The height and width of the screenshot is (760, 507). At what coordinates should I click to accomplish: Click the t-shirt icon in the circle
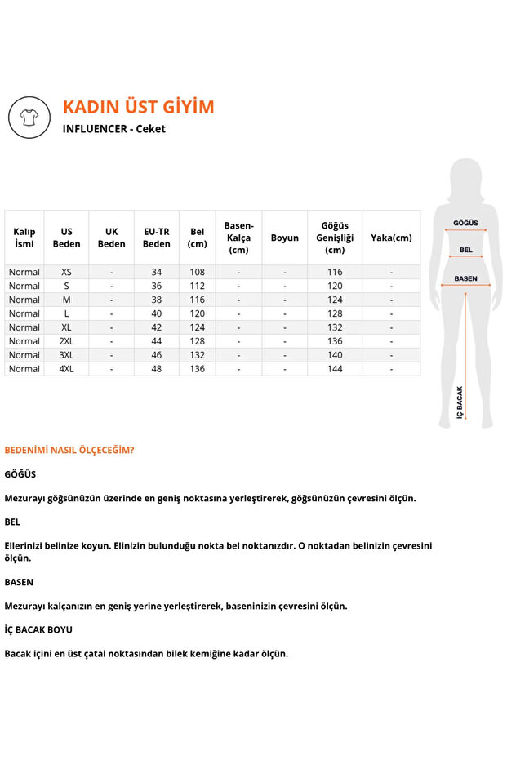tap(29, 118)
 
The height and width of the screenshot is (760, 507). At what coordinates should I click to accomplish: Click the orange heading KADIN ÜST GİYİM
tap(138, 107)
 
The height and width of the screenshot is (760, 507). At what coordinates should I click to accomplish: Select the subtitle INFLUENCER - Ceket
tap(113, 129)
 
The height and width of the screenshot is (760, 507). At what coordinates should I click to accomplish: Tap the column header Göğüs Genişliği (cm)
tap(335, 238)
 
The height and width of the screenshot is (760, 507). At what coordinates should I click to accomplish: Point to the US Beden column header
tap(67, 238)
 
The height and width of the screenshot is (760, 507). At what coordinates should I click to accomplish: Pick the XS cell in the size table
tap(67, 272)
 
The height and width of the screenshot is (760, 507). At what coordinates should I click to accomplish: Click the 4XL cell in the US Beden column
tap(67, 369)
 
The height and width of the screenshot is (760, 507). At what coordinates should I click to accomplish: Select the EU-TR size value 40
tap(157, 313)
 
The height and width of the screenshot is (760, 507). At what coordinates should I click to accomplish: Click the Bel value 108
tap(198, 272)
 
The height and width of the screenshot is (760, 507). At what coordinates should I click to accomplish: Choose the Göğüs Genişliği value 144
tap(335, 369)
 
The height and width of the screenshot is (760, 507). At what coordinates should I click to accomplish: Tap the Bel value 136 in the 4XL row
tap(198, 369)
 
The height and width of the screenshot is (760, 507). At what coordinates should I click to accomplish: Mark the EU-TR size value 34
tap(157, 272)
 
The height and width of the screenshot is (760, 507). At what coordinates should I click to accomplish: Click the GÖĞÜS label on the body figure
tap(466, 223)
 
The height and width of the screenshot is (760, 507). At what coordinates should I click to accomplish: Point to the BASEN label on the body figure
tap(465, 278)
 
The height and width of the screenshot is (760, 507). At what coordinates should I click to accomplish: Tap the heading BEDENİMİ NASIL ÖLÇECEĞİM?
tap(69, 450)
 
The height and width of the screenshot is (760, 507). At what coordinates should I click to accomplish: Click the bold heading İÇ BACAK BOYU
tap(38, 629)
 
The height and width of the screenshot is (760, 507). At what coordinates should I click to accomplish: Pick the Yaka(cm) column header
tap(391, 238)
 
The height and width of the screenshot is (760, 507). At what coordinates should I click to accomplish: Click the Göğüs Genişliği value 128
tap(335, 313)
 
